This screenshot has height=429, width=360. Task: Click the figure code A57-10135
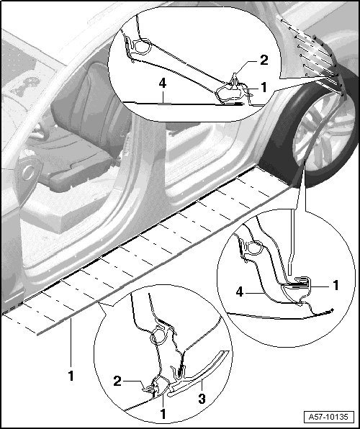click(x=328, y=417)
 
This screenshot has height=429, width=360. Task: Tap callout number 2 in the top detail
click(x=264, y=60)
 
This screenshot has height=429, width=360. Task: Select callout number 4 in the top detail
click(x=163, y=83)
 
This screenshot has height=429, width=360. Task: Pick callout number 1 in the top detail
click(x=264, y=88)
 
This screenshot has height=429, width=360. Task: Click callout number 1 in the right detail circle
click(x=336, y=285)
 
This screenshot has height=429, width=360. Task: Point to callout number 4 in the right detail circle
click(x=240, y=292)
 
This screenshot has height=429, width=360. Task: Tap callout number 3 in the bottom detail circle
click(x=202, y=399)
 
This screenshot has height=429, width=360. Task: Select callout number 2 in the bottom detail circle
click(x=117, y=381)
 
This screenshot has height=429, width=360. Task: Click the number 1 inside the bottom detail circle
click(x=163, y=414)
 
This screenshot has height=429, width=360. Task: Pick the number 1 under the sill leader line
click(x=71, y=376)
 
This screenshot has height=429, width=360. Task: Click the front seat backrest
click(x=90, y=109)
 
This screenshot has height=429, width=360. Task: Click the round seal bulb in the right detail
click(x=255, y=248)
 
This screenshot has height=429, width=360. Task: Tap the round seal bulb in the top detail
click(x=143, y=46)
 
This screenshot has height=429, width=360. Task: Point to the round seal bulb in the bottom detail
click(x=158, y=336)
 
